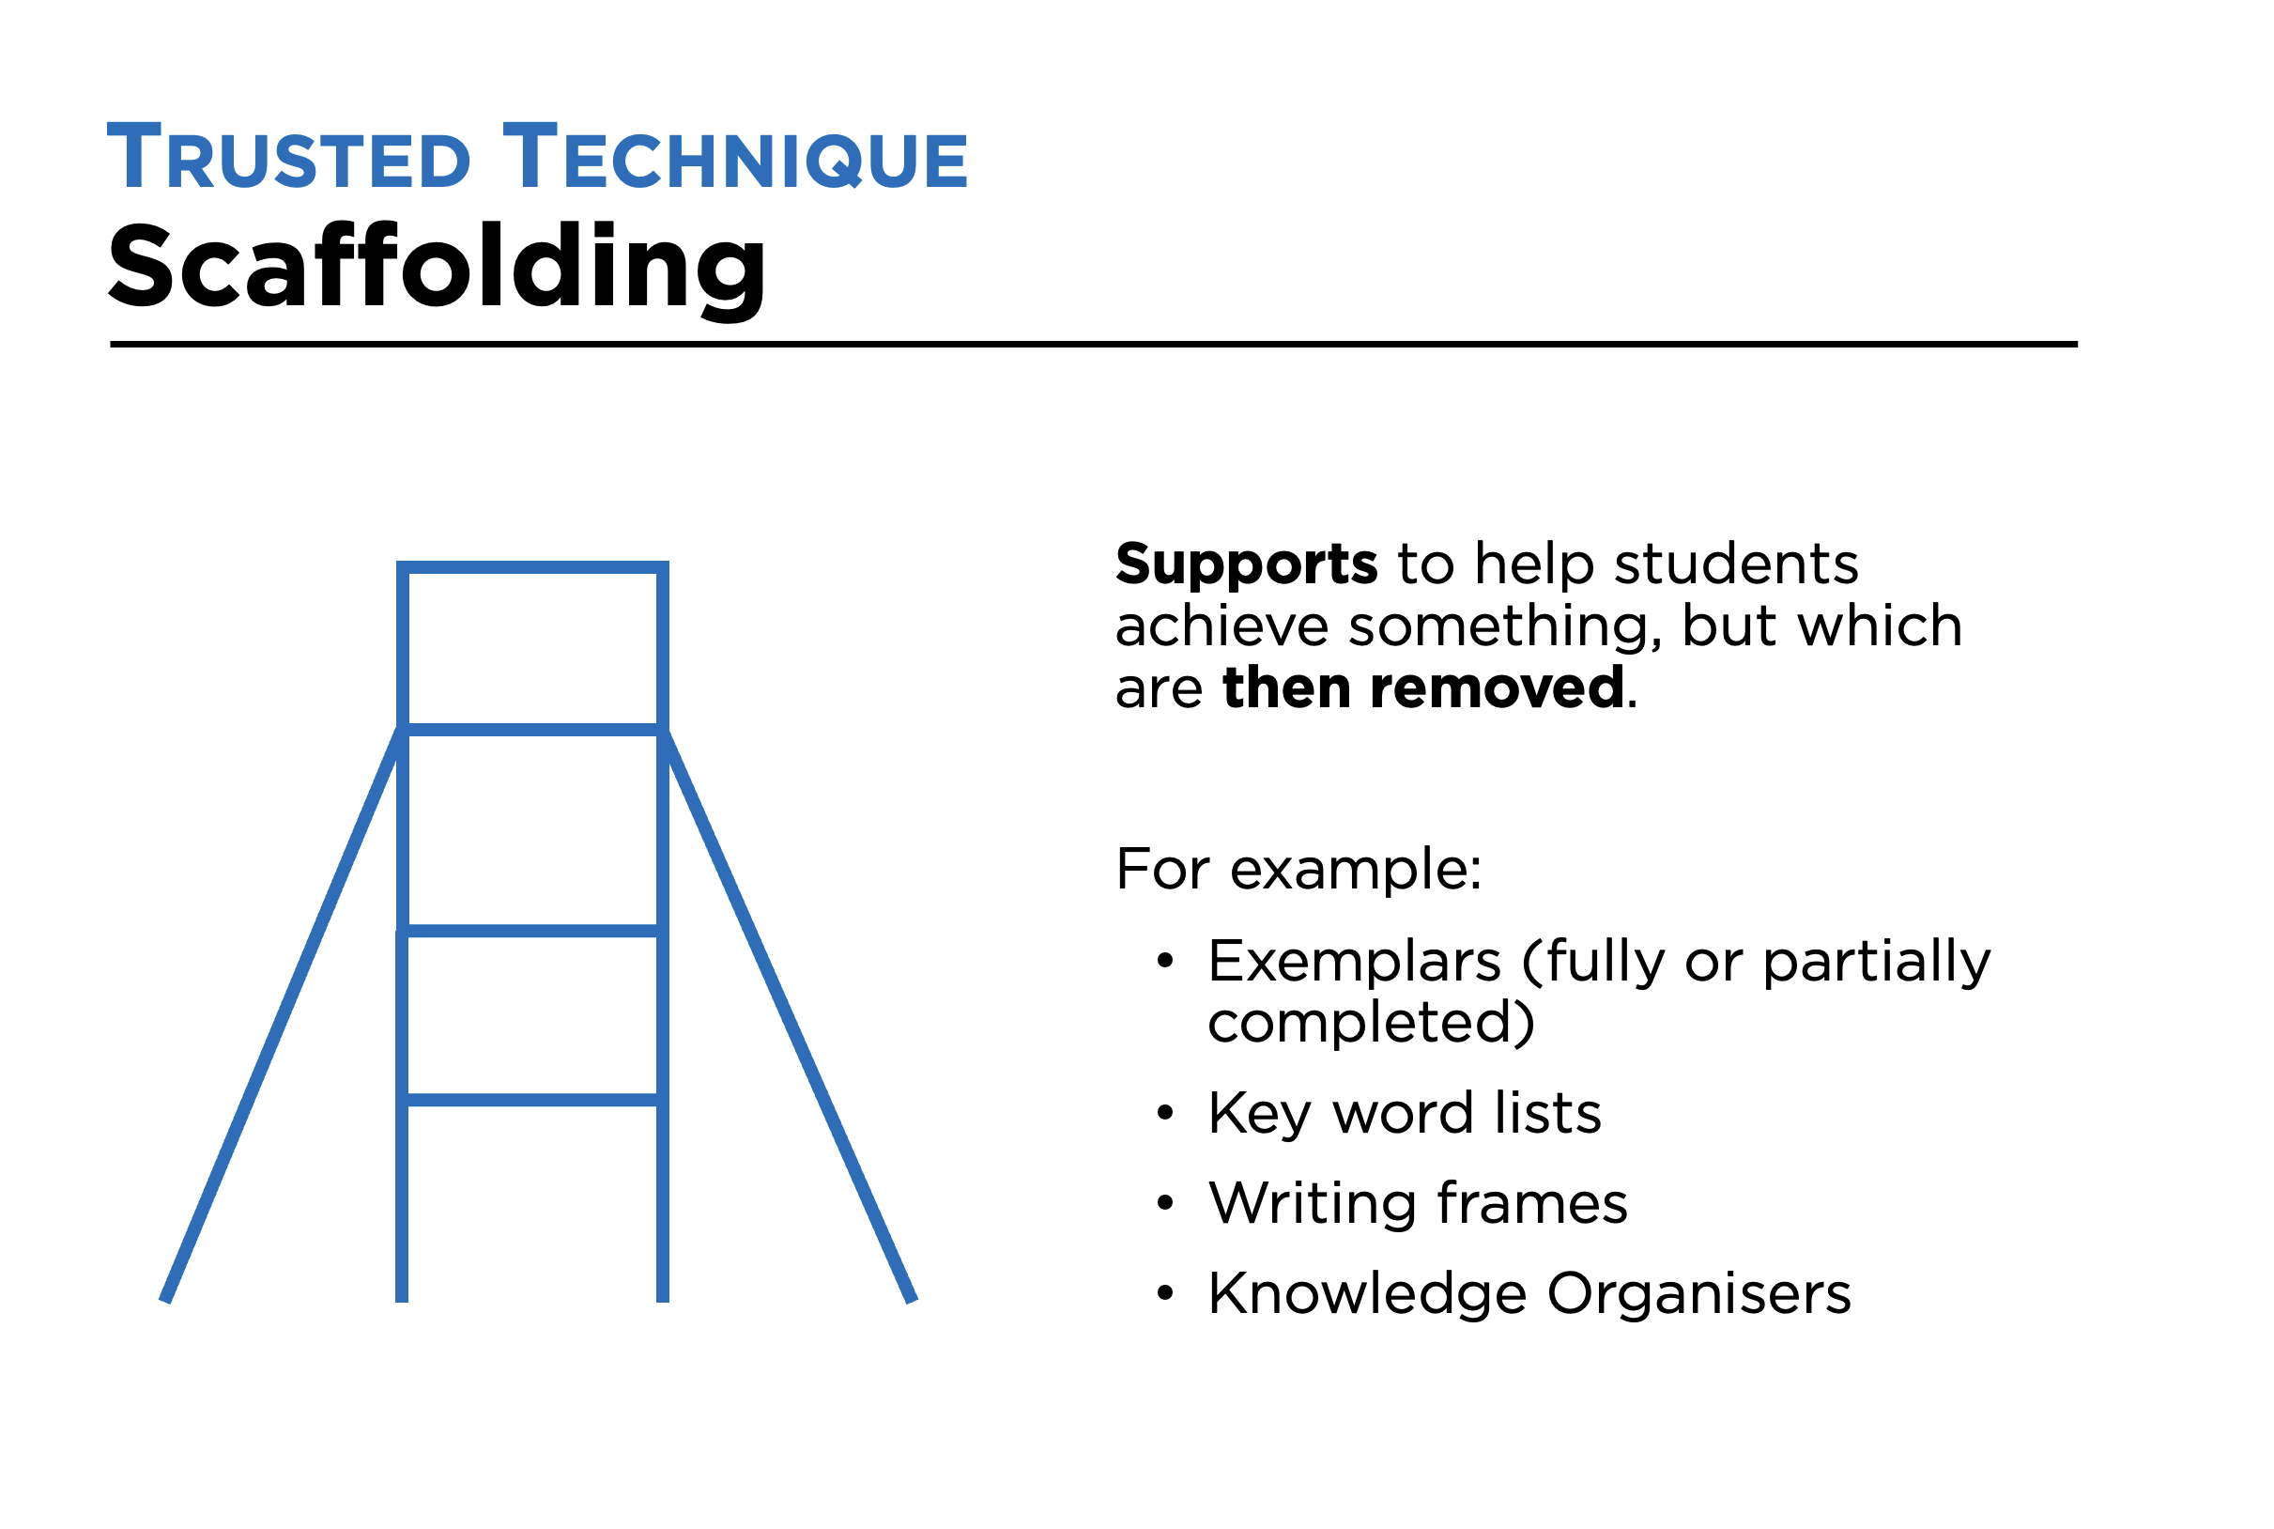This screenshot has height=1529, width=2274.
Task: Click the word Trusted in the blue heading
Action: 288,158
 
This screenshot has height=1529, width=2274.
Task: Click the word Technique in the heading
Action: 735,158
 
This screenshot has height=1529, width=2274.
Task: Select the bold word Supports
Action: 1246,565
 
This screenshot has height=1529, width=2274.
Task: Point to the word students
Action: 1736,565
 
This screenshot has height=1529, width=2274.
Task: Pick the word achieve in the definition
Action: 1222,627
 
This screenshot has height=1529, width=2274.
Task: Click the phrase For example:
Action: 1298,870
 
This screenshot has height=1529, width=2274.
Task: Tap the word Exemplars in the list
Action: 1354,963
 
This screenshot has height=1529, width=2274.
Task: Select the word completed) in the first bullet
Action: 1371,1023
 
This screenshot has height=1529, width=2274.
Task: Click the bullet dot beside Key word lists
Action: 1165,1114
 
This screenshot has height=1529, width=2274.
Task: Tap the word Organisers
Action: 1698,1295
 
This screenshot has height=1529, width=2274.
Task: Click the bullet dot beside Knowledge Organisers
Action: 1165,1295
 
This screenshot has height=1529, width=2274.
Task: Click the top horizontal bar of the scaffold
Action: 532,567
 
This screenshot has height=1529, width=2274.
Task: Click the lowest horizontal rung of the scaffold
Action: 532,1101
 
